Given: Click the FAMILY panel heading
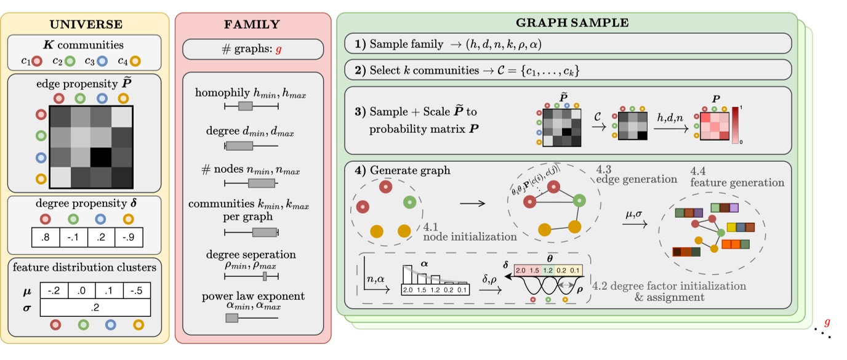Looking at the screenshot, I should [252, 25].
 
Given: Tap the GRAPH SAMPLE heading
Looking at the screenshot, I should [572, 23].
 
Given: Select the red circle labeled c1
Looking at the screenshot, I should [37, 60].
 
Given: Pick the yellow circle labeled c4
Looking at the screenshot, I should [136, 60].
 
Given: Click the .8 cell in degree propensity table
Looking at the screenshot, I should [46, 237].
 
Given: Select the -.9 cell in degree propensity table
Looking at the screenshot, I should [130, 237].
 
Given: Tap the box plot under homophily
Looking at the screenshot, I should [246, 106].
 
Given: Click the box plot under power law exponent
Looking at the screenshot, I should [232, 318].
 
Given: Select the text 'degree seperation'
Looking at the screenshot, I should [251, 254].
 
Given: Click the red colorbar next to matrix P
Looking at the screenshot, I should [734, 125].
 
